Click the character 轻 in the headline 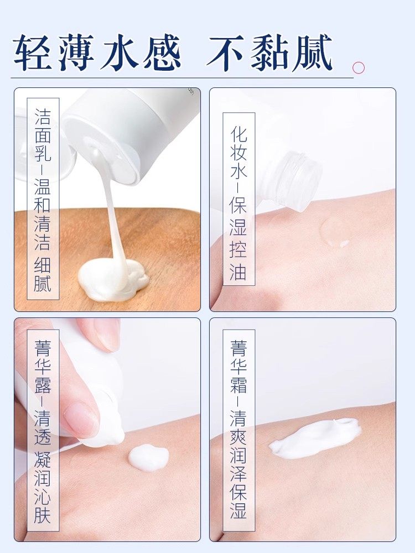click(34, 53)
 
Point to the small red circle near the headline click(359, 68)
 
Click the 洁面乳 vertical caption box click(43, 199)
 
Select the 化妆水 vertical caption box click(238, 199)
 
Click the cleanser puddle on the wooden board click(113, 279)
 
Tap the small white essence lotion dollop click(148, 457)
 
